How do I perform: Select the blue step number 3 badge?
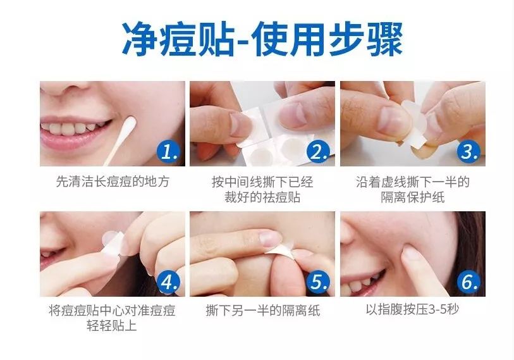click(x=469, y=151)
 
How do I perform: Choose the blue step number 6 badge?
click(x=469, y=282)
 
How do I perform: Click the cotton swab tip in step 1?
click(x=130, y=125)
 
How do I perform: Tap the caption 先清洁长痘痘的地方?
click(x=113, y=182)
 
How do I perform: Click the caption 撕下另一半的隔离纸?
click(x=262, y=311)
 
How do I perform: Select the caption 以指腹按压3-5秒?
click(x=412, y=309)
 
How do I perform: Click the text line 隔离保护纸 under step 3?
click(x=413, y=197)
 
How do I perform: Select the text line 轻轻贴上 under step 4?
click(x=112, y=326)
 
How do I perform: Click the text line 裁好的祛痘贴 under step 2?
click(x=262, y=197)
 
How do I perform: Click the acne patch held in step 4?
click(x=114, y=242)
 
